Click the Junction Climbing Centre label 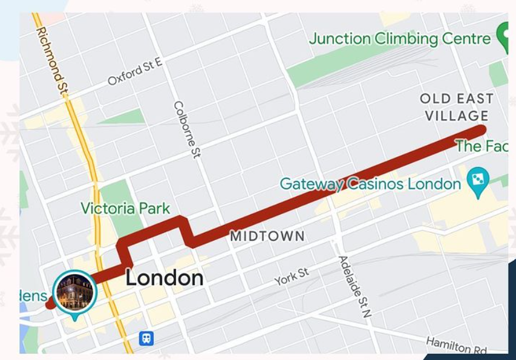pyautogui.click(x=400, y=39)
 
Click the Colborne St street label pyautogui.click(x=187, y=129)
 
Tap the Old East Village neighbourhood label pyautogui.click(x=457, y=107)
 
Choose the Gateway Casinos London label pyautogui.click(x=370, y=184)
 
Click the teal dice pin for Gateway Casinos pyautogui.click(x=478, y=180)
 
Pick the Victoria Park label pyautogui.click(x=125, y=209)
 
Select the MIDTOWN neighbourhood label pyautogui.click(x=267, y=237)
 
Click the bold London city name pyautogui.click(x=164, y=278)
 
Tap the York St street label pyautogui.click(x=291, y=277)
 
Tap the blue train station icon pyautogui.click(x=146, y=338)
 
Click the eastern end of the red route pyautogui.click(x=480, y=131)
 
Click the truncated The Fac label pyautogui.click(x=480, y=146)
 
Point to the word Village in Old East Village pyautogui.click(x=457, y=116)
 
